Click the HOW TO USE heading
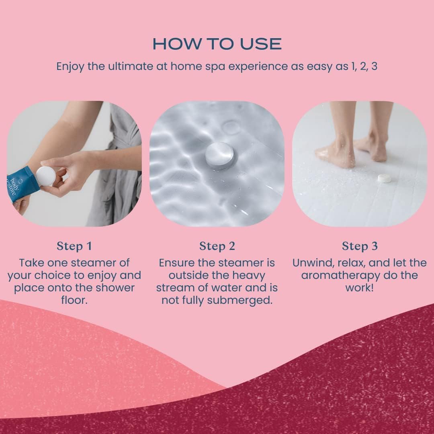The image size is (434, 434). tap(217, 44)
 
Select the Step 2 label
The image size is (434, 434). tap(217, 246)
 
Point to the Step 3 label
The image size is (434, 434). tap(360, 246)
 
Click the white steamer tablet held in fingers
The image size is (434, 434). tap(45, 176)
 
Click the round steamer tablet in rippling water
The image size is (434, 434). tap(221, 156)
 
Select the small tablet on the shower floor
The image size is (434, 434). tap(384, 177)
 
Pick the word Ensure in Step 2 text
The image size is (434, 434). tap(177, 263)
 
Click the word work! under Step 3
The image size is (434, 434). tap(359, 288)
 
